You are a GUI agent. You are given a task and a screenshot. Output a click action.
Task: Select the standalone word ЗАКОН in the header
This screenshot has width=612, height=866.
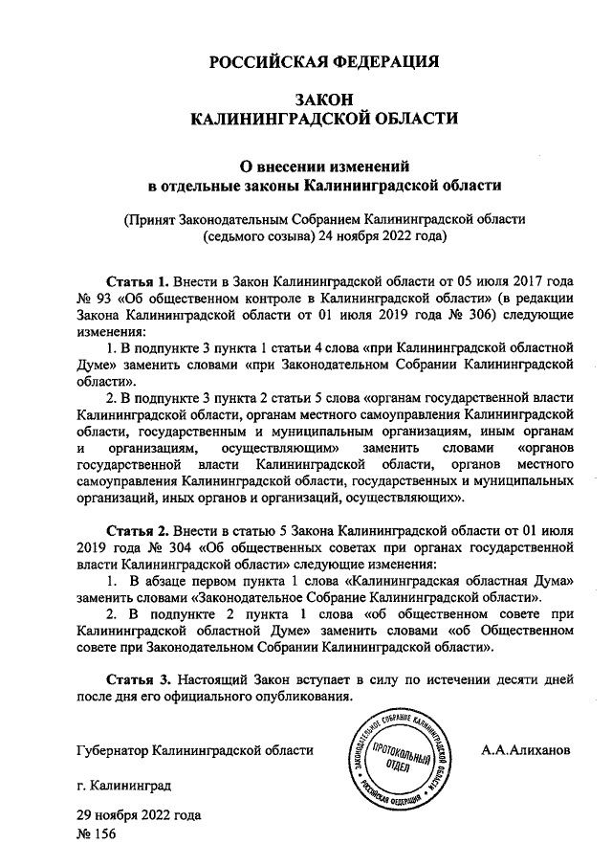point(323,100)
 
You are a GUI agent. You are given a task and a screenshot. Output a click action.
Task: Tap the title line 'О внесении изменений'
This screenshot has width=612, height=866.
point(324,164)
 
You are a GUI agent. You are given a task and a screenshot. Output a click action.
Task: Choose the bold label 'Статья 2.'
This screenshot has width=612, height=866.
point(137,528)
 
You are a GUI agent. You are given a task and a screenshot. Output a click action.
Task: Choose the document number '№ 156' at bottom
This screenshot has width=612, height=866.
point(95,835)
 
